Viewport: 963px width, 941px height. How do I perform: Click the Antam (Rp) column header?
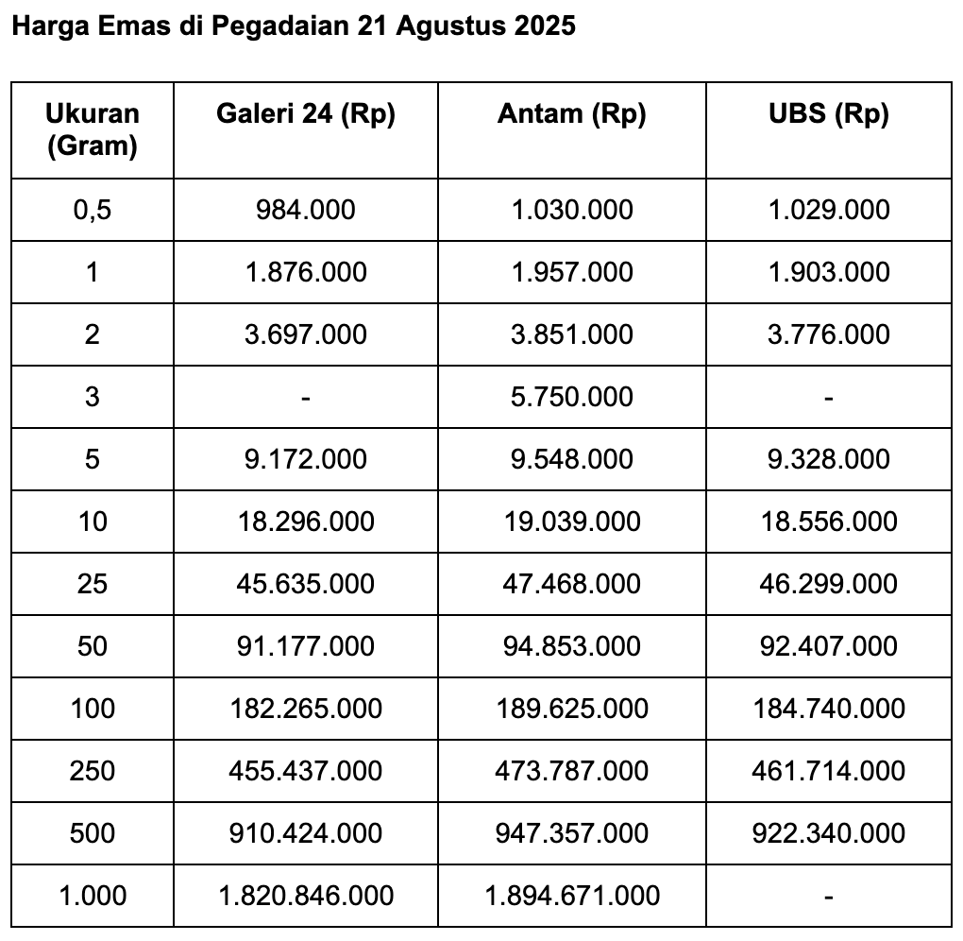point(571,114)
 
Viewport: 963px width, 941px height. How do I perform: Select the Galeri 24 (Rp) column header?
point(305,114)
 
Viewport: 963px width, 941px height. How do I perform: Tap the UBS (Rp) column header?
point(828,114)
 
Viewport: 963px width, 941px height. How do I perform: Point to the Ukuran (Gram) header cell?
point(93,129)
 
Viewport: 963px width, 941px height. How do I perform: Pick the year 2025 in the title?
point(544,26)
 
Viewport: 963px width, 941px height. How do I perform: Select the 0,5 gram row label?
point(93,209)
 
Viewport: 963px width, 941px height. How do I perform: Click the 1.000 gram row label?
point(93,895)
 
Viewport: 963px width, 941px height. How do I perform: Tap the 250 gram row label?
point(93,770)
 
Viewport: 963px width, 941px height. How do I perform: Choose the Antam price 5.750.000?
point(571,396)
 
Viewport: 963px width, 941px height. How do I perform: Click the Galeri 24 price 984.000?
point(305,209)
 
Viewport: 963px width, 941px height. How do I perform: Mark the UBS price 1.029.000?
point(828,209)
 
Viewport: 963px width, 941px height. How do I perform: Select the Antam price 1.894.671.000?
point(571,895)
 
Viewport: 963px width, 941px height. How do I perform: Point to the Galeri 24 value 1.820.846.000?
point(305,895)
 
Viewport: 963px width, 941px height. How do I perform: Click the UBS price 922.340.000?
point(828,832)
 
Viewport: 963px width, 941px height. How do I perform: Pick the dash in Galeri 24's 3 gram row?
point(305,398)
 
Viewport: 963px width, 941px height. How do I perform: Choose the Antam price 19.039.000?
point(571,521)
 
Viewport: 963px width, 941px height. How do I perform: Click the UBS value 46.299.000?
point(828,583)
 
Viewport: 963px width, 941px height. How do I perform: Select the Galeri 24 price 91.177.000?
point(305,645)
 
